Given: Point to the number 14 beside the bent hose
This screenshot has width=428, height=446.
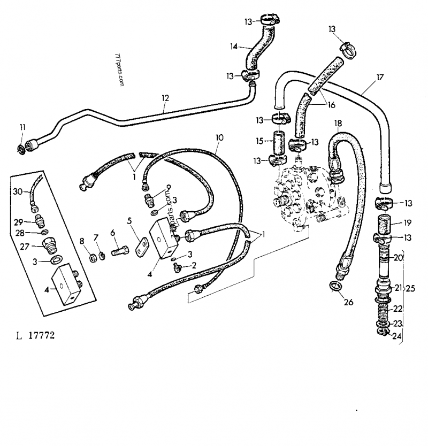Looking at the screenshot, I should coord(233,47).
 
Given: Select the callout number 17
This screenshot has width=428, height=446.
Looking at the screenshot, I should coord(380,76).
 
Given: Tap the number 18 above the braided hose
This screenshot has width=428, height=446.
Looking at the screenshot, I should coord(338,124).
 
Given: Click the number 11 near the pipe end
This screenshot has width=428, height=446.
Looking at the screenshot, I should coord(22,127).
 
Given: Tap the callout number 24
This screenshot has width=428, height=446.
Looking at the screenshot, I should coord(398,336).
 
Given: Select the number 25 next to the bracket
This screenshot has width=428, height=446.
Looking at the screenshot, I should coord(410,288).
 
